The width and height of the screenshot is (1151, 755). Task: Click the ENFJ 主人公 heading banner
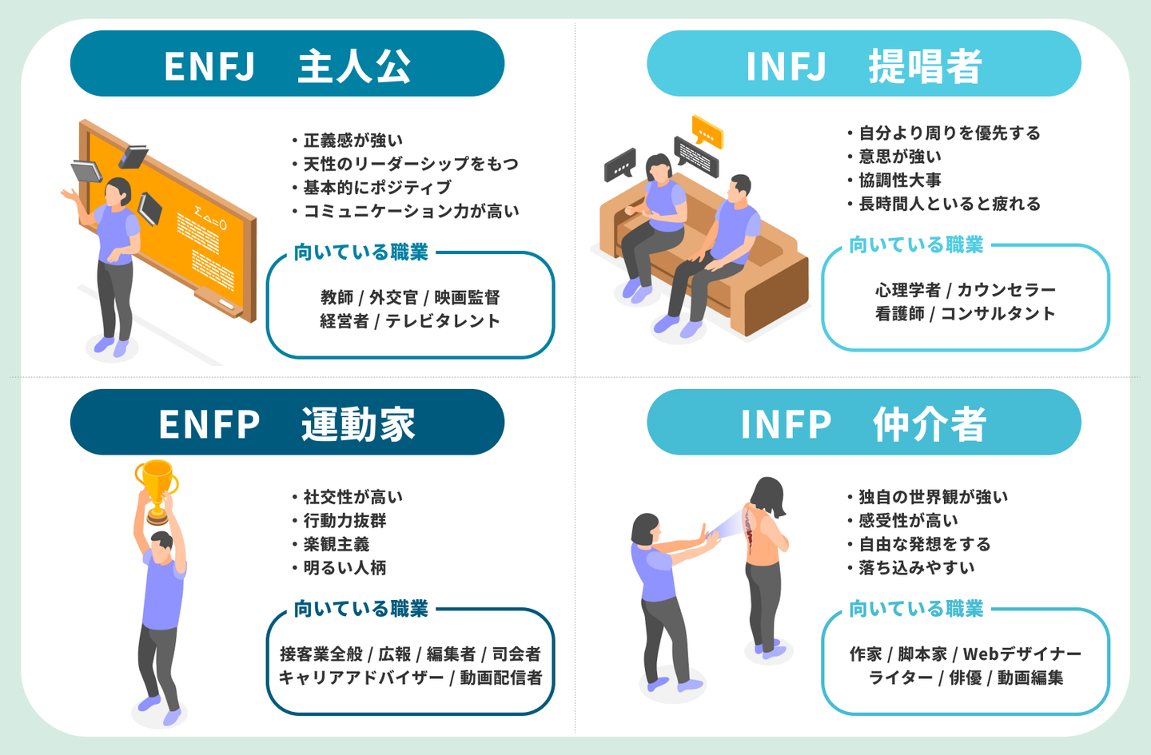[287, 64]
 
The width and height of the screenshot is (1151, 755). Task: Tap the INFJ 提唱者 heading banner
[863, 64]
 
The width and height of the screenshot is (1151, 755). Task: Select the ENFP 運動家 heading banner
[287, 423]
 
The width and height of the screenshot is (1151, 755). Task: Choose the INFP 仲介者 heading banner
[863, 423]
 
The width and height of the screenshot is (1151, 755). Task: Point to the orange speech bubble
[707, 131]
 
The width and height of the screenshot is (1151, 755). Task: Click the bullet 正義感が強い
[352, 141]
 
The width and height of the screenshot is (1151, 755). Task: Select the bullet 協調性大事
[899, 181]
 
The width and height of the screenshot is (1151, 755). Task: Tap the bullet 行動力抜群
[345, 521]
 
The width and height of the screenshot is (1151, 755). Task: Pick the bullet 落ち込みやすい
[916, 568]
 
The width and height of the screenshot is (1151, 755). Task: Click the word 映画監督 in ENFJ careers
[467, 298]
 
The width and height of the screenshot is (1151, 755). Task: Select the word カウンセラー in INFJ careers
[1006, 290]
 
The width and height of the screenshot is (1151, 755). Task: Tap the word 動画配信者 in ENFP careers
[501, 678]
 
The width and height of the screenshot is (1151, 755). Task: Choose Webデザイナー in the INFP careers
[1022, 654]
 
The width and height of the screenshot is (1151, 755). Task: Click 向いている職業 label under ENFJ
[360, 252]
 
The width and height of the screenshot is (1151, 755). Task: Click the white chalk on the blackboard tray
[226, 304]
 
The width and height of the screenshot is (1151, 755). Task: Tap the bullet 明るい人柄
[345, 568]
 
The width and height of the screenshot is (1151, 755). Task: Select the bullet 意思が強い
[899, 157]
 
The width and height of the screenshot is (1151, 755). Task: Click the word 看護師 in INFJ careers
[899, 314]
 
